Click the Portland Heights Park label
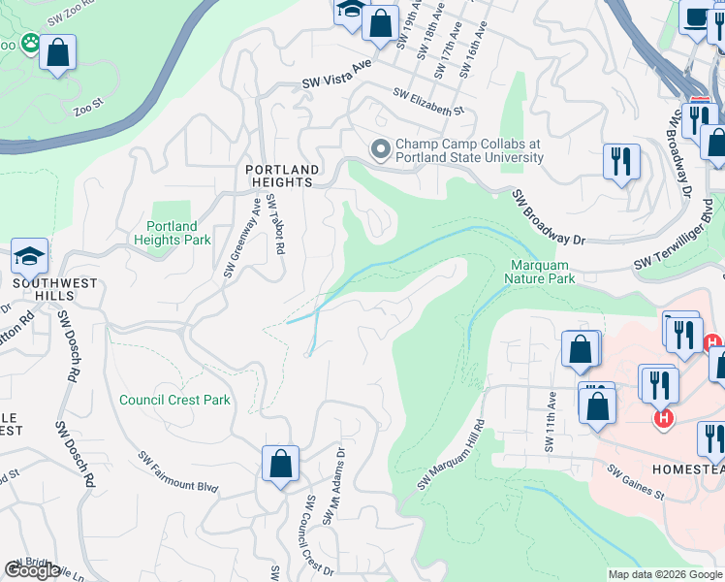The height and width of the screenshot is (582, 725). click(x=172, y=233)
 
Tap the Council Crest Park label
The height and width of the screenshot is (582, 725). click(x=174, y=400)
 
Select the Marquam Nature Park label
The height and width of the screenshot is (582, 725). click(x=539, y=272)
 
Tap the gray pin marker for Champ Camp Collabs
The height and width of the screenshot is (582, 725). click(x=380, y=149)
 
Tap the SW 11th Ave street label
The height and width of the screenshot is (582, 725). click(x=552, y=422)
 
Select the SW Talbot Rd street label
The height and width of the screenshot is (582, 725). click(x=276, y=225)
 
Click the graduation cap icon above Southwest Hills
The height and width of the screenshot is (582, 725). click(x=30, y=257)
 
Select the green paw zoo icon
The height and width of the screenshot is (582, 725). click(x=31, y=43)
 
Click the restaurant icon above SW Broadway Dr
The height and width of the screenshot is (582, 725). click(x=620, y=160)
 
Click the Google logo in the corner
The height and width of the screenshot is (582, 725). click(x=32, y=570)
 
